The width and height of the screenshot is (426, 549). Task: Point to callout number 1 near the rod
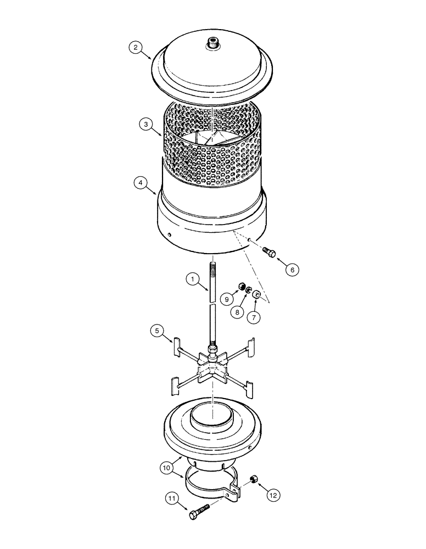point(192,279)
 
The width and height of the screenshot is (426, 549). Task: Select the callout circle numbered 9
point(226,299)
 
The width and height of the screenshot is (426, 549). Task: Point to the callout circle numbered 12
point(273,495)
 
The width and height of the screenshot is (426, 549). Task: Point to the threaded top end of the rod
point(212,271)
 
